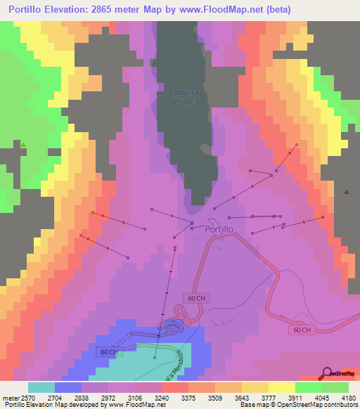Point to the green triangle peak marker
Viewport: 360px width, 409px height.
23,145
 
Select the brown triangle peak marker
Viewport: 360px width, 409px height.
347,191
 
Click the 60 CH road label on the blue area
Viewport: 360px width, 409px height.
109,351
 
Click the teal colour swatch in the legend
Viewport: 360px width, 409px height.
41,387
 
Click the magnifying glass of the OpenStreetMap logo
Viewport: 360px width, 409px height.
327,372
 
